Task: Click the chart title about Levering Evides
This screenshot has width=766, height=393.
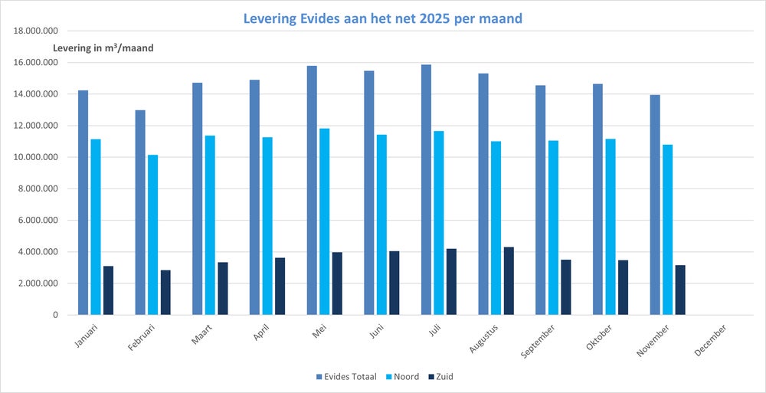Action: tap(383, 18)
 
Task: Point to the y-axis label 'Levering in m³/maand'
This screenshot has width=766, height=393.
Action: tap(103, 48)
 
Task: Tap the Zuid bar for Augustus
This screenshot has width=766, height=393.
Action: tap(509, 280)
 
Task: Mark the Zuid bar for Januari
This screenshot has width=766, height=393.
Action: tap(108, 290)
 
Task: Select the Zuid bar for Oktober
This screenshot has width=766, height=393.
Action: tap(624, 287)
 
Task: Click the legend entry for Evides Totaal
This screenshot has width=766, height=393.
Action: tap(346, 376)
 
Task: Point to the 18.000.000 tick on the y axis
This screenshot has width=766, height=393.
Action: tap(37, 31)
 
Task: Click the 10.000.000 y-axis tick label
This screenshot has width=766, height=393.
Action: tap(37, 158)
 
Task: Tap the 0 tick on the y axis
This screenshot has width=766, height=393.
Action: tap(54, 315)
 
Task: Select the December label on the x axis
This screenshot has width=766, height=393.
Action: tap(710, 338)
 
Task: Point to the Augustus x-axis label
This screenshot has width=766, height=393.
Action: tap(483, 338)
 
